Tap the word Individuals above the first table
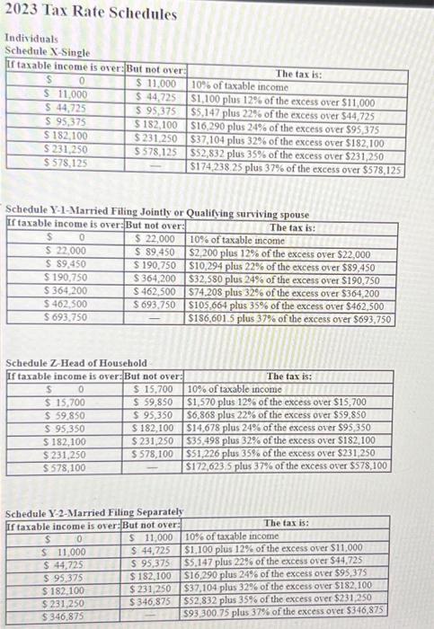pos(31,40)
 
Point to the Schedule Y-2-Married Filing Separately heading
pos(94,511)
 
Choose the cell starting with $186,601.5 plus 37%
pos(289,319)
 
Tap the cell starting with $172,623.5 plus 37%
pos(286,467)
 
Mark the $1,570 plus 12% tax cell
pos(276,402)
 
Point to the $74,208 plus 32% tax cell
pos(281,293)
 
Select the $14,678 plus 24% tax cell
pos(281,429)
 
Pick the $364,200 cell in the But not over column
pos(154,280)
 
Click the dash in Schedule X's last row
pos(159,167)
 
